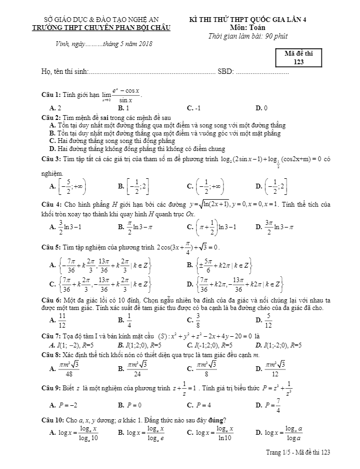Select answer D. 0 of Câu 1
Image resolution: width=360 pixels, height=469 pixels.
coord(262,108)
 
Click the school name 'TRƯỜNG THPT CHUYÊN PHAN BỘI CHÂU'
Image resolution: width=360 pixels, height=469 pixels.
coord(101,28)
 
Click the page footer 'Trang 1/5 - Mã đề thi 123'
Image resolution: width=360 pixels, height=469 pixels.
coord(298,453)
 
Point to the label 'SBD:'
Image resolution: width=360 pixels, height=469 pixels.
coord(226,72)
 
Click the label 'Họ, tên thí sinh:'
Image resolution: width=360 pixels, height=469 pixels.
coord(64,72)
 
